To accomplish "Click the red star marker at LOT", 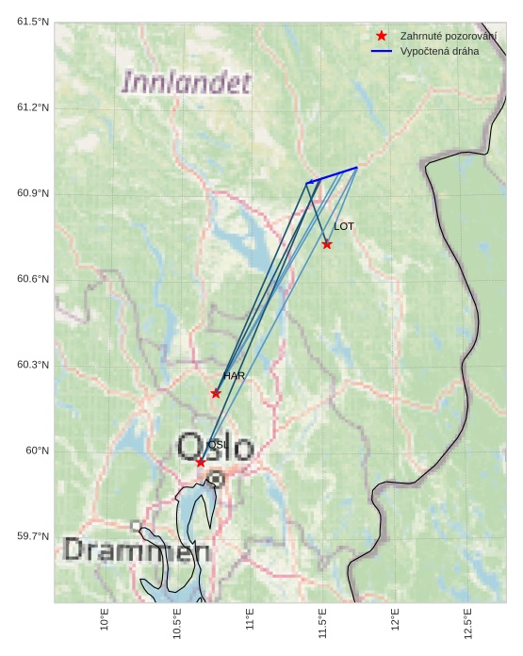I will [x=327, y=244].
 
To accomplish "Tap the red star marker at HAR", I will [x=216, y=393].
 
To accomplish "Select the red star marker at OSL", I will [x=201, y=462].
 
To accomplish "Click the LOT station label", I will [x=344, y=226].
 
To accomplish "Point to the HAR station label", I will [x=234, y=376].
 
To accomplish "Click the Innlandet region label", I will [x=187, y=83].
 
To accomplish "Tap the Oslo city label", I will [x=216, y=447].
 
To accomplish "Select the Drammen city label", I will [x=136, y=550].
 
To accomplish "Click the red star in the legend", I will [x=381, y=35].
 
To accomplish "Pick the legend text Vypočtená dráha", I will [x=439, y=51].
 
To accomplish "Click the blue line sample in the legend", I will [x=381, y=51].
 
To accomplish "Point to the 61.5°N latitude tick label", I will [x=32, y=22].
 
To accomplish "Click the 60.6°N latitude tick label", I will [x=32, y=279].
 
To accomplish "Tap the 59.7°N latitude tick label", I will [x=32, y=536].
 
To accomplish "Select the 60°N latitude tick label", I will [x=37, y=451].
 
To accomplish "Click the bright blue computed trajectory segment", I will [x=335, y=174].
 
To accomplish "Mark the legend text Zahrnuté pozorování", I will [x=448, y=35].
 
